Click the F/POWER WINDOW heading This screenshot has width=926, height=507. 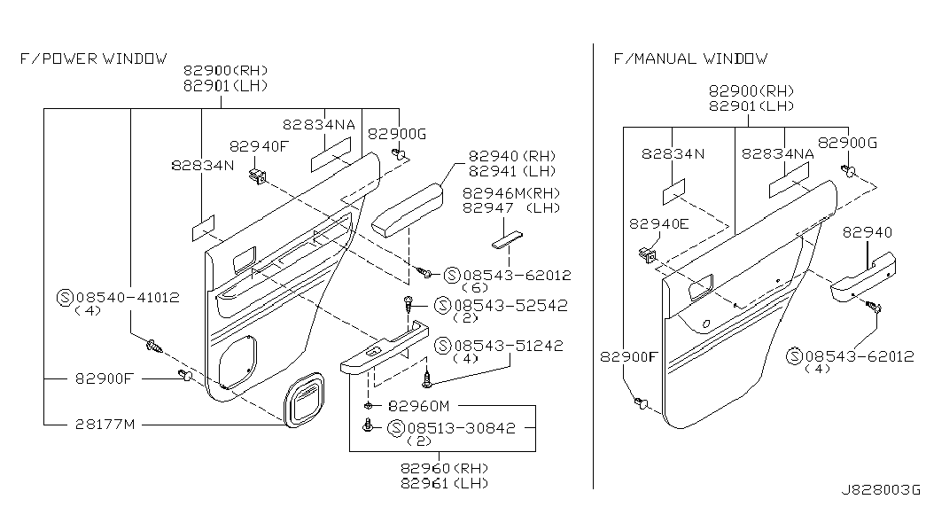click(93, 59)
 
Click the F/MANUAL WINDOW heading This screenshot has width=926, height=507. click(690, 59)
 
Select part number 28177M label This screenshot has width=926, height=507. click(104, 425)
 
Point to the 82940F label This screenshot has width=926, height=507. click(259, 146)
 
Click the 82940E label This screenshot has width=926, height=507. click(658, 224)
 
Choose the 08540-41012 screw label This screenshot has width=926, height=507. click(126, 298)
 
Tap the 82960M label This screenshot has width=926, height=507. click(419, 406)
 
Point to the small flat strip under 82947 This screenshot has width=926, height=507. click(507, 239)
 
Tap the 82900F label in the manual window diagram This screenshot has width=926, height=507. click(628, 357)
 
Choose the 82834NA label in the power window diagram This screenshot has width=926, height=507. click(319, 125)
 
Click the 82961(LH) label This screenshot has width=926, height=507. click(444, 483)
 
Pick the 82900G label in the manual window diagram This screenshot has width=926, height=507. click(847, 142)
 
